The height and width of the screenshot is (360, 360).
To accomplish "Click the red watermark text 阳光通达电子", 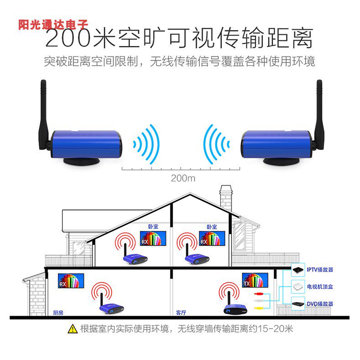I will pos(53,25).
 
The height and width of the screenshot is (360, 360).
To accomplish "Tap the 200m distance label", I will pos(183,178).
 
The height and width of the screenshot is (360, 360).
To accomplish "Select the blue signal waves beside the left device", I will pos(146,144).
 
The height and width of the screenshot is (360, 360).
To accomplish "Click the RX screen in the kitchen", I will pos(71,280).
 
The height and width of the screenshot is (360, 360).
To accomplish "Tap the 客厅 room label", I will pos(181,313).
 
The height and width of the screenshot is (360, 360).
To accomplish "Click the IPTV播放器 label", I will pos(320,270).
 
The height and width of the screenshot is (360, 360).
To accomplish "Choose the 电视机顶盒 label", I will pos(320,287).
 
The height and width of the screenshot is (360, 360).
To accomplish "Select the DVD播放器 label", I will pos(320,303).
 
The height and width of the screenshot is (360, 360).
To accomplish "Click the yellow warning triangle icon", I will pos(72,328).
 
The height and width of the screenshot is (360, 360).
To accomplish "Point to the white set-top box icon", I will pos(298,287).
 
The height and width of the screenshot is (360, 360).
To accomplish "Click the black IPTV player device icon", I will pos(298,270).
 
